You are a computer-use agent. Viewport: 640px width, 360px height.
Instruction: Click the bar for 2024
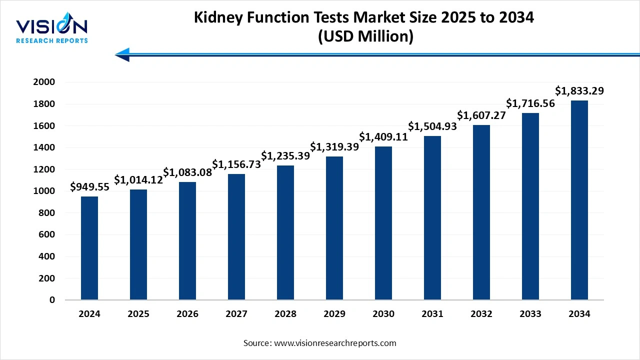[89, 248]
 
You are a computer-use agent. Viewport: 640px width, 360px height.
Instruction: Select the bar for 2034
[579, 200]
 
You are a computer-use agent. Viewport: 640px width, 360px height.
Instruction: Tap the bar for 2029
[334, 228]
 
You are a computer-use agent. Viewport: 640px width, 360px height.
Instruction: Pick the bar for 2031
[432, 218]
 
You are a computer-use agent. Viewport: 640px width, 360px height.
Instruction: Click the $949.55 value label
[90, 187]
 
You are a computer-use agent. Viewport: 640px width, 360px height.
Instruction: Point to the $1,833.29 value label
[579, 91]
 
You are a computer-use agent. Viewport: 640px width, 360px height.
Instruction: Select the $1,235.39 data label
[285, 155]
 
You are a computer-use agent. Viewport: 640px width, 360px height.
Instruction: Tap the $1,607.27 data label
[481, 115]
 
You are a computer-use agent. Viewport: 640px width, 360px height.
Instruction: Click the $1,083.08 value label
[187, 172]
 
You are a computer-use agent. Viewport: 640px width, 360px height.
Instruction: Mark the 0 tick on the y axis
[52, 300]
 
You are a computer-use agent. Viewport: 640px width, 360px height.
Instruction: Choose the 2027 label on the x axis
[236, 314]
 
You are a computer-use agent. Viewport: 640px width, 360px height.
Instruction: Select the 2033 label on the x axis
[530, 314]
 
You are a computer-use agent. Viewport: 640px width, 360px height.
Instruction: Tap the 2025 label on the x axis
[138, 314]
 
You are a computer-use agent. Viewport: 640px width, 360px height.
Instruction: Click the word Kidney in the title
[218, 17]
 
